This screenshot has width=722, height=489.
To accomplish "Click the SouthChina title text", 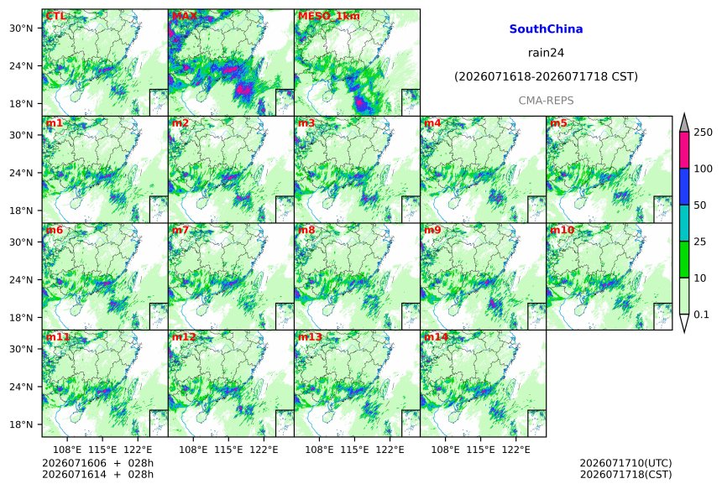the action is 546,29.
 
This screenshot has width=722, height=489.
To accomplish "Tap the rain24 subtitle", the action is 546,53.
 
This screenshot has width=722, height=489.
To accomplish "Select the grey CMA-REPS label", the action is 546,101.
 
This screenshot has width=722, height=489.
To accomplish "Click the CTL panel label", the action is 55,16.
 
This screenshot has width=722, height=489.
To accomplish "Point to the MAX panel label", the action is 184,16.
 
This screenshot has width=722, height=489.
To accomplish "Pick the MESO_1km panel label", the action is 329,16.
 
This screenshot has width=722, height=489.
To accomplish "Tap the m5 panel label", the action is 558,123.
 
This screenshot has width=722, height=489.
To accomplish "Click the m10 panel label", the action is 562,230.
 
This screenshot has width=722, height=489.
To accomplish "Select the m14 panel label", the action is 436,337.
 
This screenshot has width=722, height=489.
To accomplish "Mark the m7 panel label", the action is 180,230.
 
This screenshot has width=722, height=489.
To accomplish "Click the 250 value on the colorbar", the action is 704,133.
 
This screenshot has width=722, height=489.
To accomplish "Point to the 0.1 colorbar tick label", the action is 701,315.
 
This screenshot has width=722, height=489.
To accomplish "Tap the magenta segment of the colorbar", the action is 684,150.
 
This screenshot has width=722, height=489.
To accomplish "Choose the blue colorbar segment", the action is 684,186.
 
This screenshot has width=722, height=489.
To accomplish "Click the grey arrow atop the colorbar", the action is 684,123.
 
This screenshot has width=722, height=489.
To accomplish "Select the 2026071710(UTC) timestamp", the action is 625,463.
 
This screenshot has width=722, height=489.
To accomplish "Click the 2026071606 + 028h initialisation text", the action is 97,463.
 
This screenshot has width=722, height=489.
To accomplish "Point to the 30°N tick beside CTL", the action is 21,28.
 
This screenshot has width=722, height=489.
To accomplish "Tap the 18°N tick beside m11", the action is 21,424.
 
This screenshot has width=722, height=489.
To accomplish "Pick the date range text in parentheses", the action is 546,77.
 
